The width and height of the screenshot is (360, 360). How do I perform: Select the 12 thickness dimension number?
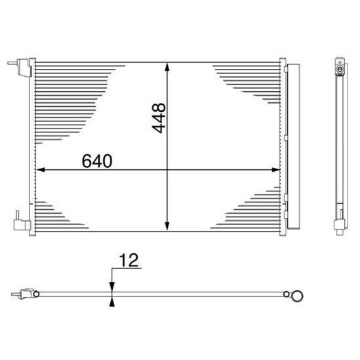130,261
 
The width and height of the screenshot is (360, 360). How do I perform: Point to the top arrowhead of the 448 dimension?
169,66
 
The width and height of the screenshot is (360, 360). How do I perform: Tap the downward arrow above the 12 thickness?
113,285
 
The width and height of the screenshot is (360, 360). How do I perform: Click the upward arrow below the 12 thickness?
113,302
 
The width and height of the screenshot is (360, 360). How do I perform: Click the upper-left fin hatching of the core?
66,98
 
